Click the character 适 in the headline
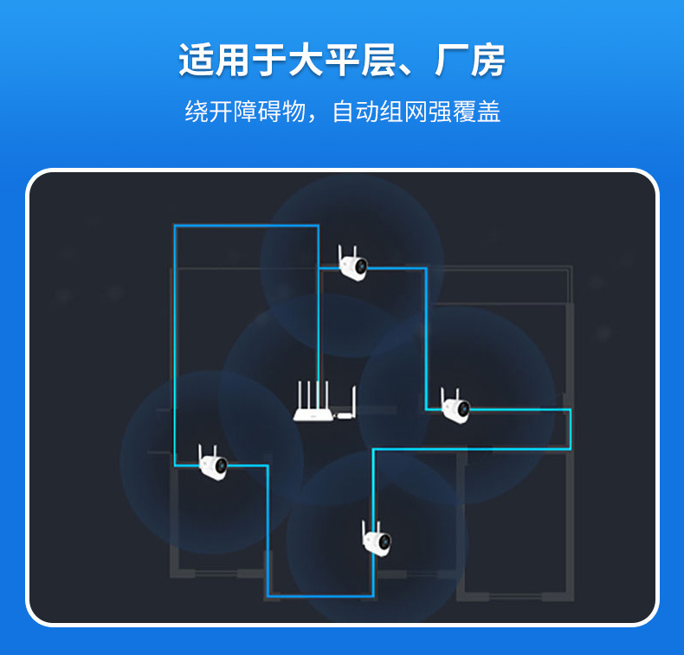point(197,61)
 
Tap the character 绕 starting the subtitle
point(197,112)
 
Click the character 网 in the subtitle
point(416,112)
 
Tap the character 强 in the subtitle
point(441,112)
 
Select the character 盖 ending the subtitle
point(489,112)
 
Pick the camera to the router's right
point(455,406)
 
